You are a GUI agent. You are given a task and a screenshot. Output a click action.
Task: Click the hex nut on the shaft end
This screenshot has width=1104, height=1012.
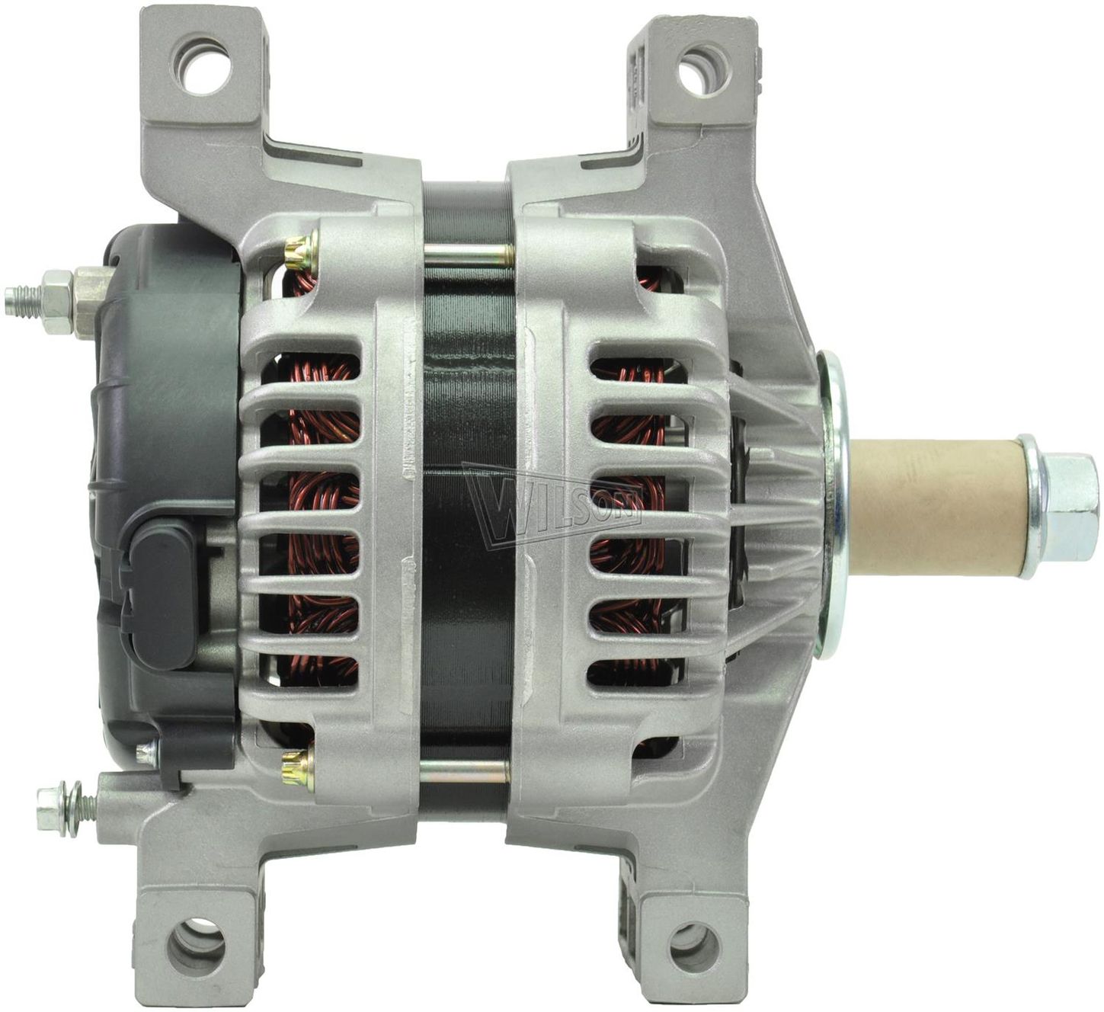click(1066, 508)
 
